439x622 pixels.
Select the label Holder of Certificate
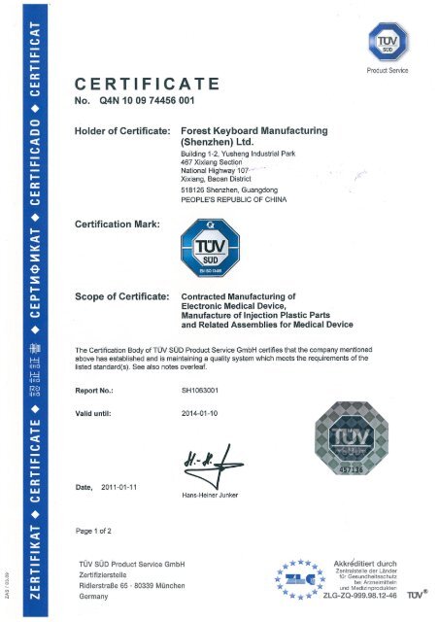[x=122, y=130]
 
